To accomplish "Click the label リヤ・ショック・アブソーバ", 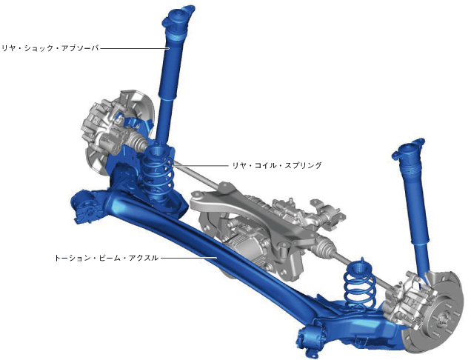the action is tap(50, 48).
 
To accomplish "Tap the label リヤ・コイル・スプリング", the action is tap(277, 165).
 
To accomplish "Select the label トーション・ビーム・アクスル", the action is tap(106, 258).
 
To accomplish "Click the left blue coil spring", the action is tap(158, 174).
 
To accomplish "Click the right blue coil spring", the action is tap(359, 284).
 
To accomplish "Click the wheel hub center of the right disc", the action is tap(444, 319).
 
